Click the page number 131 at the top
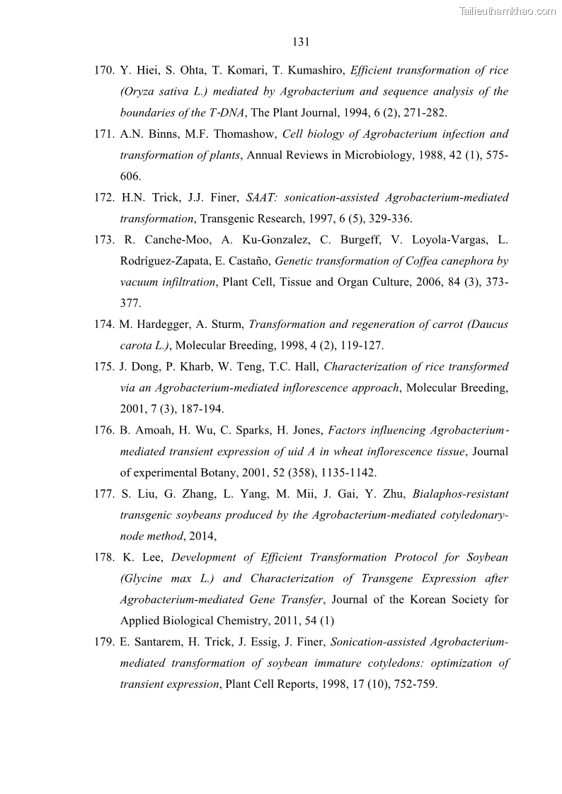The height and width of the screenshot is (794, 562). pyautogui.click(x=301, y=42)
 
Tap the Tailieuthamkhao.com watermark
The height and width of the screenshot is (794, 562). pyautogui.click(x=507, y=11)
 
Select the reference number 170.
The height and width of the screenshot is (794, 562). pyautogui.click(x=105, y=71)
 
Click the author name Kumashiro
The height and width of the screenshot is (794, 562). pyautogui.click(x=311, y=71)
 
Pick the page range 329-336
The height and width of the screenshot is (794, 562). pyautogui.click(x=390, y=219)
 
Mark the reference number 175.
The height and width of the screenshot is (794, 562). pyautogui.click(x=104, y=367)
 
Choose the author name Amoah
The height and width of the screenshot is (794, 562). pyautogui.click(x=153, y=431)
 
